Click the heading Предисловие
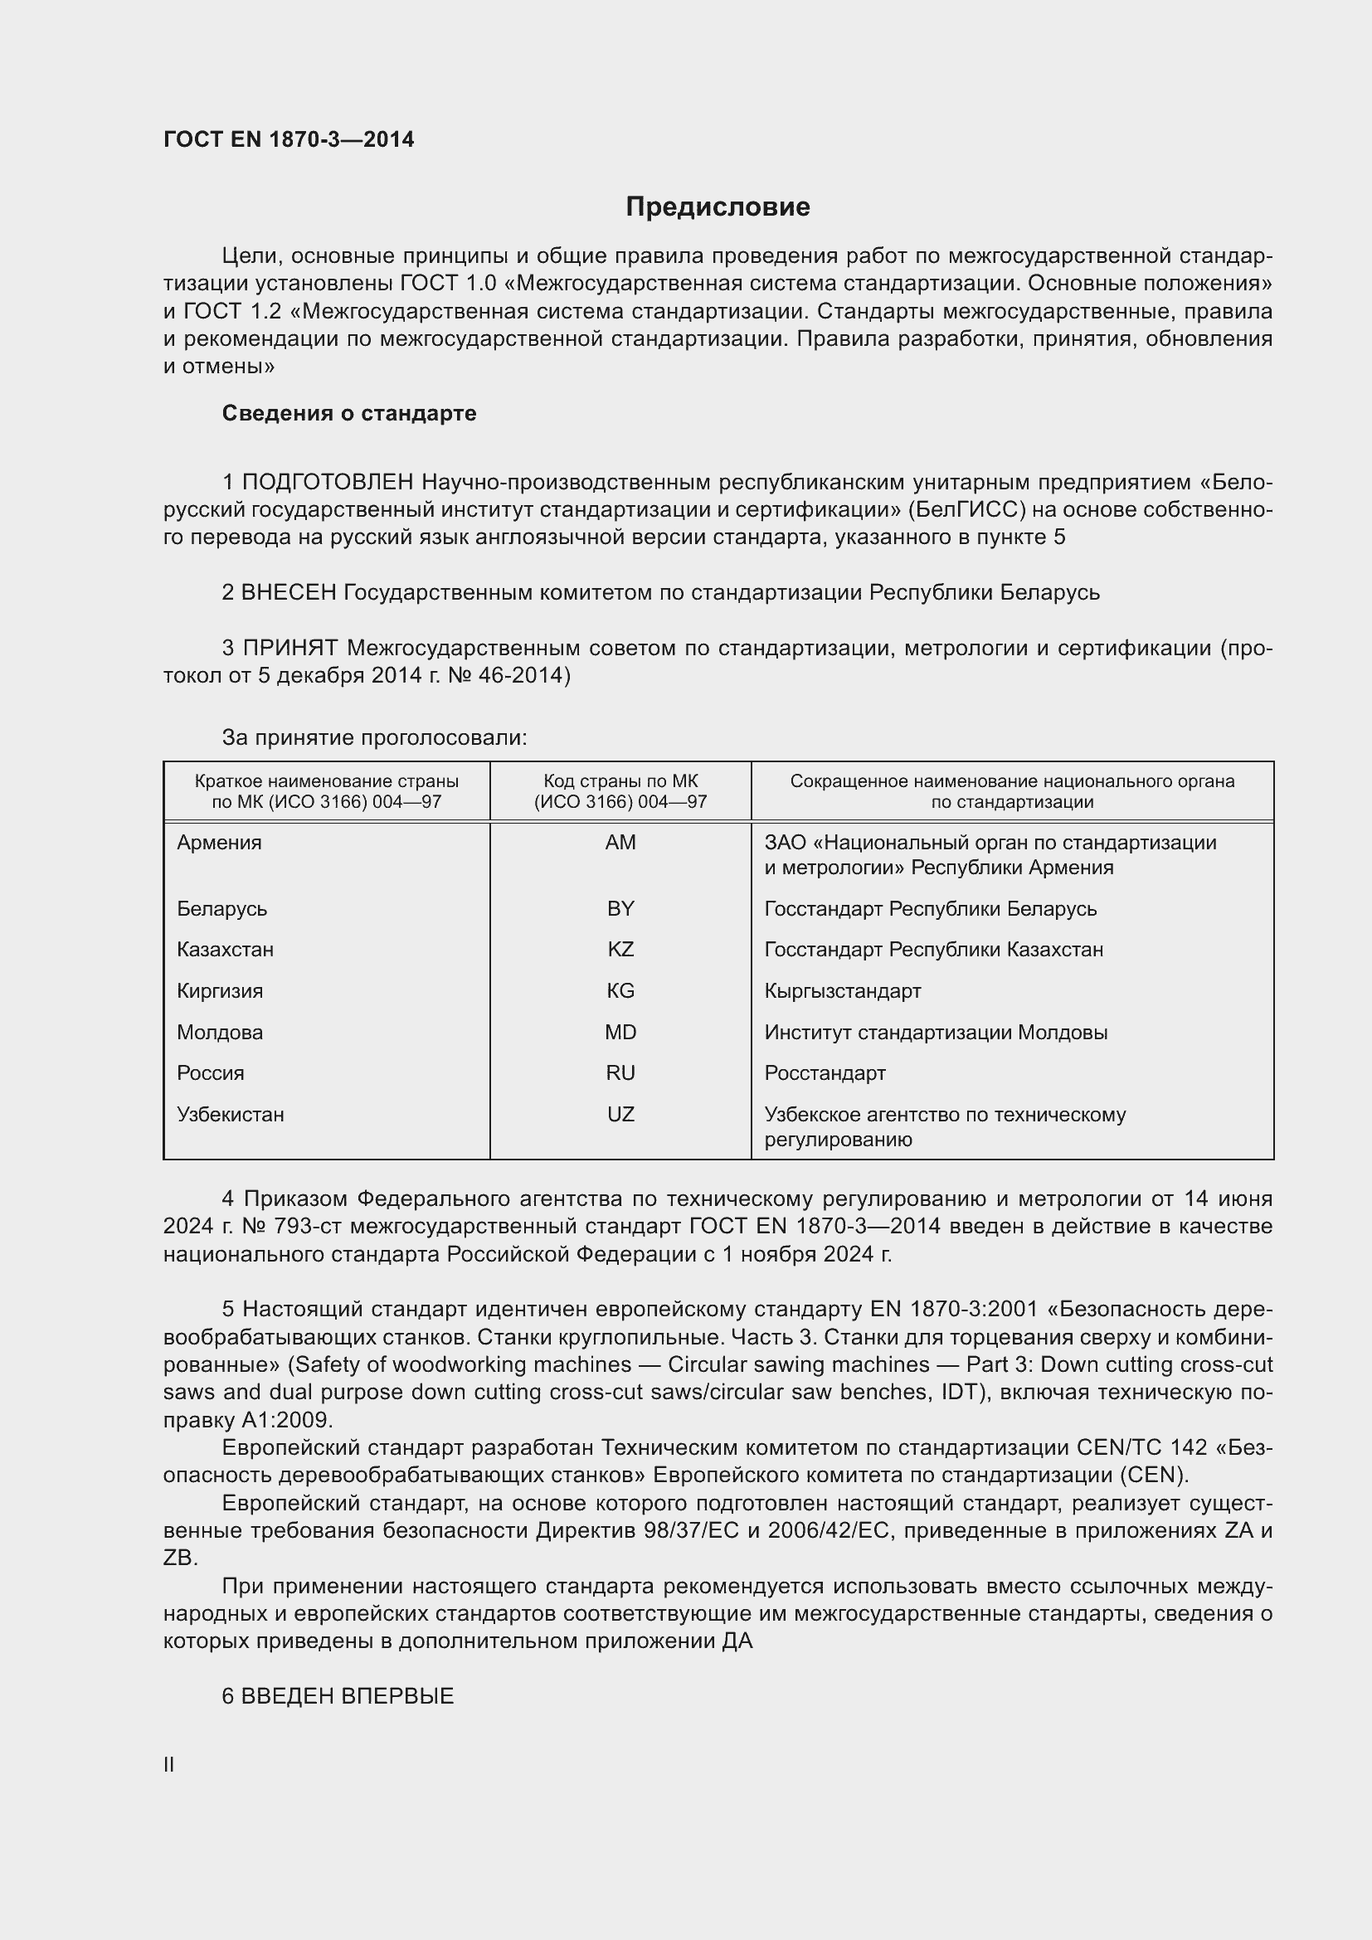(718, 207)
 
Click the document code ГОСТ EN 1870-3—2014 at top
(288, 139)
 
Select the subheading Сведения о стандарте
(348, 413)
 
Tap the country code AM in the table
(620, 843)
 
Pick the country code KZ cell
(620, 950)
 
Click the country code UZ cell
(620, 1115)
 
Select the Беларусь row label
(222, 909)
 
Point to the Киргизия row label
(220, 991)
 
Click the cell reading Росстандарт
(825, 1073)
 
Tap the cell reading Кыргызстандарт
(842, 991)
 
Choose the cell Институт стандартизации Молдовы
(935, 1033)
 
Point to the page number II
(169, 1764)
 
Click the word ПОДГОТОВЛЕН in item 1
(328, 483)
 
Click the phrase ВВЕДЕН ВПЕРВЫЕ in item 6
(348, 1696)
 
